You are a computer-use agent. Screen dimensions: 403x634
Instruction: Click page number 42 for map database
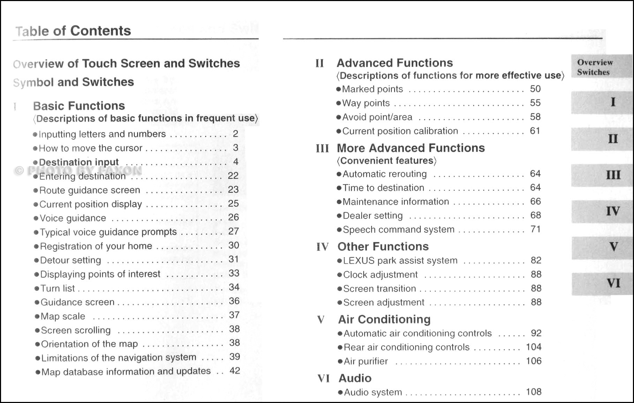[x=235, y=371]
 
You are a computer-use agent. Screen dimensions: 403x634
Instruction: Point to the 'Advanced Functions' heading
[x=394, y=63]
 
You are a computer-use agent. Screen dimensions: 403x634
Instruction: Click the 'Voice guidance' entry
[x=73, y=218]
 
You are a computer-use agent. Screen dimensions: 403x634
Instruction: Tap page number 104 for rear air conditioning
[x=534, y=347]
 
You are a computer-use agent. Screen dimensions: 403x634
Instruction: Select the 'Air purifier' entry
[x=365, y=361]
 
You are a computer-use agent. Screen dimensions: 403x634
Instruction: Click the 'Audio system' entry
[x=373, y=393]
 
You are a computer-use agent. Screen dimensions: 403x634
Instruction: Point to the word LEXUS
[x=358, y=261]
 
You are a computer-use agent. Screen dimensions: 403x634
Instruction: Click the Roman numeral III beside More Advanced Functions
[x=322, y=148]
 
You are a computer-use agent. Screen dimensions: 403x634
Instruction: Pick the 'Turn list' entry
[x=58, y=289]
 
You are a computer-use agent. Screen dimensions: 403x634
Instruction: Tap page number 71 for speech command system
[x=535, y=229]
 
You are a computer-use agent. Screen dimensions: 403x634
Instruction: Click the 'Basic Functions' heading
[x=79, y=106]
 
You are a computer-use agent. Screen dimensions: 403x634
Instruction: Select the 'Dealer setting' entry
[x=372, y=216]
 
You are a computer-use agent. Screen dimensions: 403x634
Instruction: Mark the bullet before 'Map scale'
[x=37, y=316]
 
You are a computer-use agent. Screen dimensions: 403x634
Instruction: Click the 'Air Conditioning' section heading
[x=384, y=319]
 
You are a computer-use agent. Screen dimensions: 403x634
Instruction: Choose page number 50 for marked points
[x=535, y=89]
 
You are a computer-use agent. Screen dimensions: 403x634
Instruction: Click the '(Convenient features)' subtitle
[x=386, y=161]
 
